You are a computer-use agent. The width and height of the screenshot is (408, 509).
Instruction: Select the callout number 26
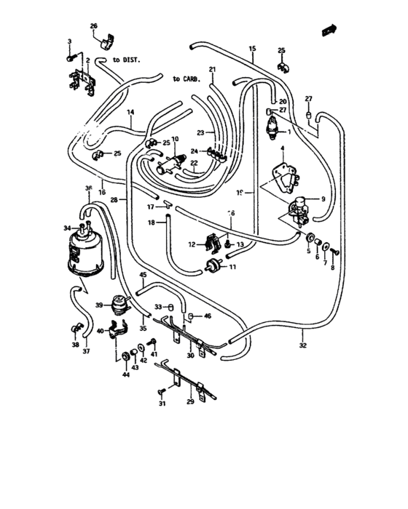point(93,27)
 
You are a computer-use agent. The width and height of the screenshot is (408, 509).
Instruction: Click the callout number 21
point(213,70)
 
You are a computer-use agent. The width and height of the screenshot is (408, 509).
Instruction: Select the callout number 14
point(130,112)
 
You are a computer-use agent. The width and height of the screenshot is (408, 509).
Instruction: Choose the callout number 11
point(233,267)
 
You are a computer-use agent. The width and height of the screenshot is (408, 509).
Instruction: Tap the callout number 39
point(100,306)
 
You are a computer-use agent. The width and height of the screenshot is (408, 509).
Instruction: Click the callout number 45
point(143,275)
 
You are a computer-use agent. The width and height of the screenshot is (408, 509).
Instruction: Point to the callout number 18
point(152,223)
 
